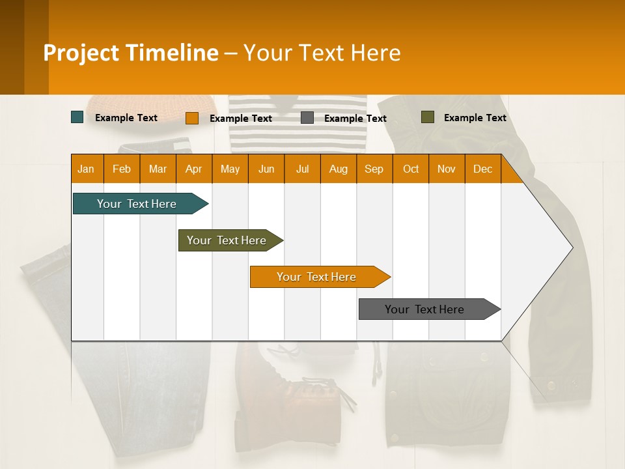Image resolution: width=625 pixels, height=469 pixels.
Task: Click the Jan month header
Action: (x=87, y=169)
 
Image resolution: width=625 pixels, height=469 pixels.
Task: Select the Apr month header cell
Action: (x=194, y=169)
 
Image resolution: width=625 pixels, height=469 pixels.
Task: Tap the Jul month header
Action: (x=302, y=169)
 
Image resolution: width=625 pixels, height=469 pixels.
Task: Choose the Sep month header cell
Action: (x=374, y=169)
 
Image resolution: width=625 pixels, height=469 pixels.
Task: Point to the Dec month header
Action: (x=482, y=169)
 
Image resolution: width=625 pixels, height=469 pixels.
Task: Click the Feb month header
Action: (x=122, y=169)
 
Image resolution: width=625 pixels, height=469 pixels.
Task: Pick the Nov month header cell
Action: (x=447, y=169)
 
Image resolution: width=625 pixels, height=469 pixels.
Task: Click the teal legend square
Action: (x=77, y=117)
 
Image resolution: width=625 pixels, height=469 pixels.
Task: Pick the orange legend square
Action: (x=192, y=118)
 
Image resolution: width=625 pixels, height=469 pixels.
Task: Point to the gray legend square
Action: (x=307, y=118)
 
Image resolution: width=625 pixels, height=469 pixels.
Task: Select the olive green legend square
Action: (x=428, y=117)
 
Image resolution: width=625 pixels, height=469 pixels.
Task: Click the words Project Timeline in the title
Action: (x=131, y=53)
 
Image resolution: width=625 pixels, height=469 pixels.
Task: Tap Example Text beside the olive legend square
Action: (x=475, y=118)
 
